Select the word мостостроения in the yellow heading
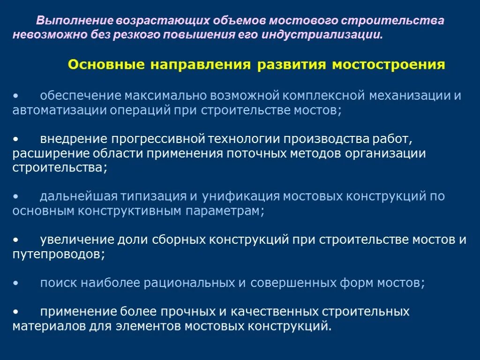click(389, 65)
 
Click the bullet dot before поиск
click(16, 284)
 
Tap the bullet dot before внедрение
click(16, 139)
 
